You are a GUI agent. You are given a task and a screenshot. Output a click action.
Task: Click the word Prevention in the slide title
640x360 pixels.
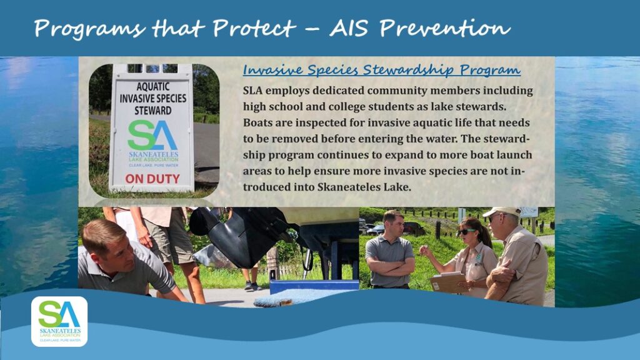click(x=444, y=29)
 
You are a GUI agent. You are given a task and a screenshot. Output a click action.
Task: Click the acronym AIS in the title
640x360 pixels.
click(x=348, y=29)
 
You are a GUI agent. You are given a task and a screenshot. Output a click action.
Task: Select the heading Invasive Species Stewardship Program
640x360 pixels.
click(x=382, y=70)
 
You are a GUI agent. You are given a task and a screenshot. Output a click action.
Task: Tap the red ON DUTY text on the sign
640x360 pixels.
click(x=152, y=179)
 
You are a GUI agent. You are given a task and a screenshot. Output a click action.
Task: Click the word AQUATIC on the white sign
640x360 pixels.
click(x=153, y=86)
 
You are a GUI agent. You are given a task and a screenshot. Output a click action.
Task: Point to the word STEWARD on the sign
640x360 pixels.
click(x=153, y=110)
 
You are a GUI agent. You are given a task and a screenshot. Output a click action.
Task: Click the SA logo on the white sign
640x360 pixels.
click(x=152, y=135)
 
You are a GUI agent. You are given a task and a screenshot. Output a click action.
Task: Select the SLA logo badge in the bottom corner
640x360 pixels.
click(x=59, y=322)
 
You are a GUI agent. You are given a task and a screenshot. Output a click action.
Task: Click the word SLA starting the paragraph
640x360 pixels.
click(x=252, y=90)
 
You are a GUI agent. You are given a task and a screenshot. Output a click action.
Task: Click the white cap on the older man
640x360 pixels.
click(x=502, y=211)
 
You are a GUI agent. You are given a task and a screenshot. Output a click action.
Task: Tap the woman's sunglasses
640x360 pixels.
click(x=466, y=231)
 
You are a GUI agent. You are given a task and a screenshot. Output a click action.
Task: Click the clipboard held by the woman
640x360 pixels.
click(x=447, y=282)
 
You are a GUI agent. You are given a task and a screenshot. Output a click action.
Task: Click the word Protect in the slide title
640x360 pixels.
click(x=254, y=29)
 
